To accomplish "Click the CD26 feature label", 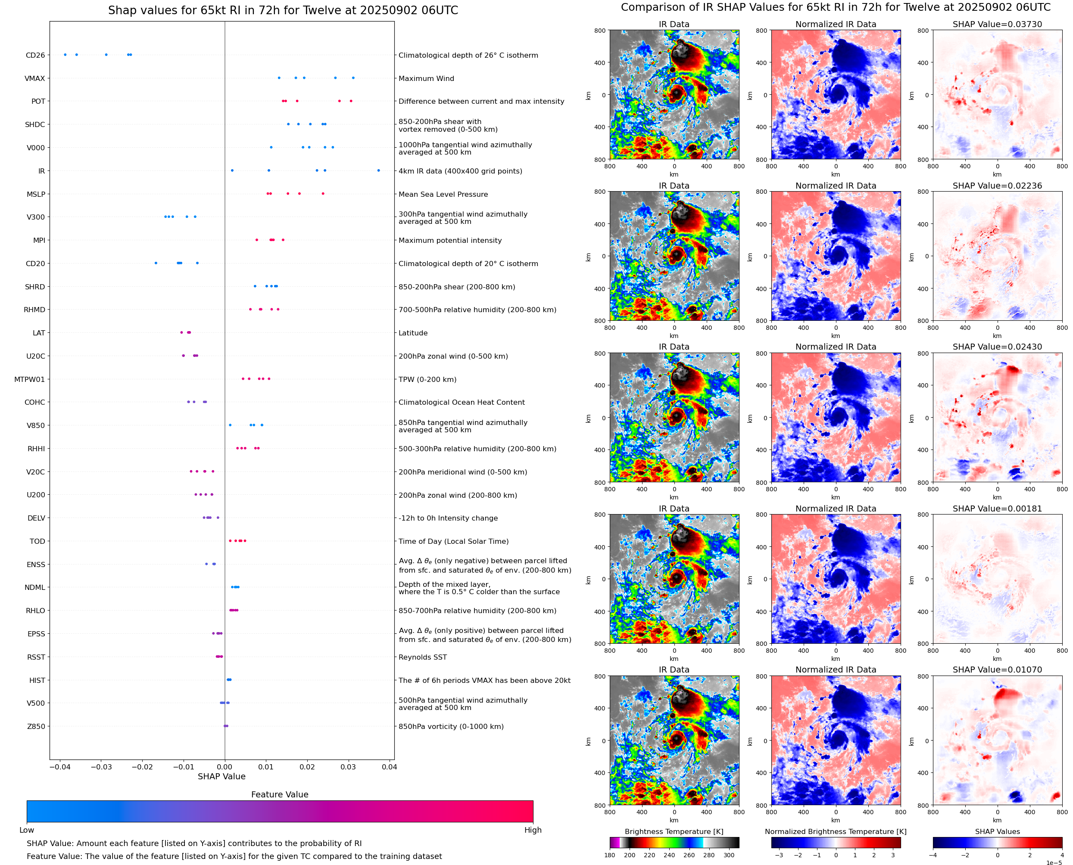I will pyautogui.click(x=35, y=55).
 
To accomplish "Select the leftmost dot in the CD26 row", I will pyautogui.click(x=66, y=55).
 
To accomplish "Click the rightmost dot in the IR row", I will pyautogui.click(x=378, y=171).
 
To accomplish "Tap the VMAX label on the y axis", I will pyautogui.click(x=34, y=78).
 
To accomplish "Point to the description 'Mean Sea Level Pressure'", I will pyautogui.click(x=443, y=194).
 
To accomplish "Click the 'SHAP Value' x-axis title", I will pyautogui.click(x=221, y=776).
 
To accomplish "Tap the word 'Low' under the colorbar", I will pyautogui.click(x=26, y=830).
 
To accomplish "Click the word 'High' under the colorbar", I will pyautogui.click(x=533, y=830).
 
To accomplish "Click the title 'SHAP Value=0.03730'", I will pyautogui.click(x=997, y=24).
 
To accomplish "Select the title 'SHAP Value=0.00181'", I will pyautogui.click(x=997, y=509).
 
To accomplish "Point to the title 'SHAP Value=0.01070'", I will pyautogui.click(x=997, y=670).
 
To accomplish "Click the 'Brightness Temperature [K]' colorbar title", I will pyautogui.click(x=674, y=831).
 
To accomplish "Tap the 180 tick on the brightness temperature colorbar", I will pyautogui.click(x=609, y=855).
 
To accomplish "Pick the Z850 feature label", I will pyautogui.click(x=36, y=726).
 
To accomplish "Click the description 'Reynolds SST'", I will pyautogui.click(x=422, y=657).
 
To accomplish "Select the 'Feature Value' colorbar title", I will pyautogui.click(x=279, y=794).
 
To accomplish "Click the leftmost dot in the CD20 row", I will pyautogui.click(x=156, y=263).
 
